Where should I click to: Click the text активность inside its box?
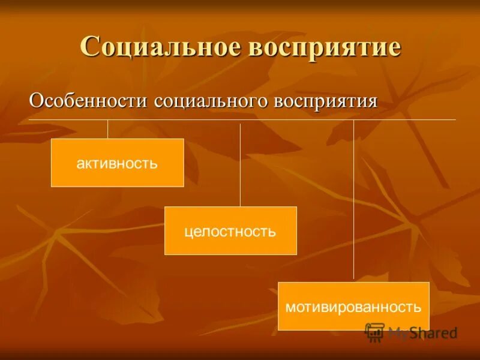[x=117, y=163]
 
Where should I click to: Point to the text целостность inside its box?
[x=230, y=231]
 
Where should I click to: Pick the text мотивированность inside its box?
[x=353, y=307]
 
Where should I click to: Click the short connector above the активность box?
[x=108, y=129]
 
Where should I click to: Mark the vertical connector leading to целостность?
[x=240, y=165]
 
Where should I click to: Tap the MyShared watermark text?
[x=422, y=332]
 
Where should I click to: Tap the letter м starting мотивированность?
[x=290, y=308]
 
